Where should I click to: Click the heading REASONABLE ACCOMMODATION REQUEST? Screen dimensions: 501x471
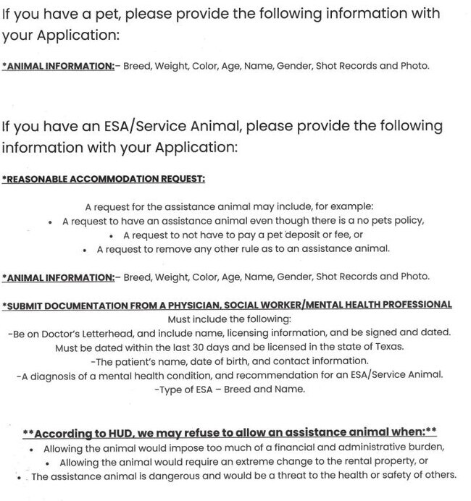click(104, 178)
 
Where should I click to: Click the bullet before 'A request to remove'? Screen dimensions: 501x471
click(86, 250)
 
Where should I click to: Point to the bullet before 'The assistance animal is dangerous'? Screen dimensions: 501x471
click(17, 476)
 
